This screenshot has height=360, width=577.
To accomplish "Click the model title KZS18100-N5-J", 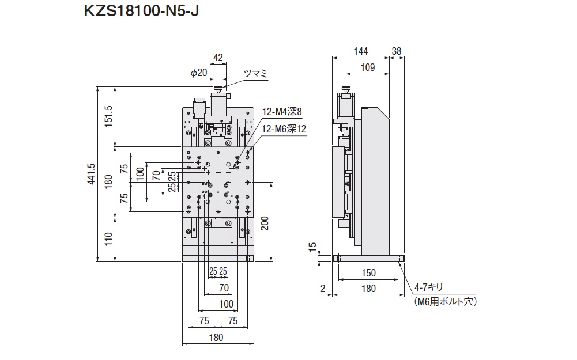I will pos(142,12).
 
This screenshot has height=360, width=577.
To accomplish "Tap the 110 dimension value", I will pos(108,238).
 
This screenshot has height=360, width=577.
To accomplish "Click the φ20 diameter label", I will pos(198,73).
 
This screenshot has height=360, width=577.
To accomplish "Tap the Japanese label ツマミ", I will pos(255,73).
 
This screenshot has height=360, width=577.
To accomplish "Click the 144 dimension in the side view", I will pos(360,51).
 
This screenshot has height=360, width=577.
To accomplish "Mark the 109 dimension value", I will pos(367,67).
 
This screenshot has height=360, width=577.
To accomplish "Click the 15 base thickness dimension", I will pos(312,247).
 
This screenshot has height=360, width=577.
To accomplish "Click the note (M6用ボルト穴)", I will pos(446,301).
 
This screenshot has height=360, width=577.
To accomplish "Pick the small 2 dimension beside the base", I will pos(323,289).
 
